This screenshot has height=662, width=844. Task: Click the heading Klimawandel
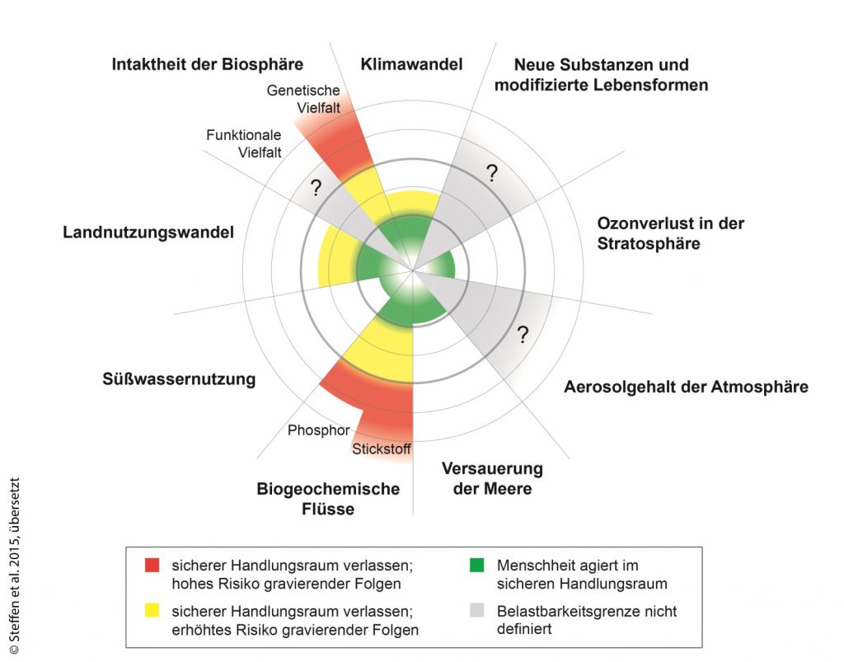point(411,65)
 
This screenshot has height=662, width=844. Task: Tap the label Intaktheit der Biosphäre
point(208,64)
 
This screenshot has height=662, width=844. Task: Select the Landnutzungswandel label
point(148,232)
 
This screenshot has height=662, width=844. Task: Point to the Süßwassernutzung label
point(179,380)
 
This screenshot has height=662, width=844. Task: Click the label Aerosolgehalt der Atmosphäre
point(686,387)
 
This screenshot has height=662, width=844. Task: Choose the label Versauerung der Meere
point(492,479)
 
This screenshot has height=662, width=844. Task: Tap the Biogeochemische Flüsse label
point(328,499)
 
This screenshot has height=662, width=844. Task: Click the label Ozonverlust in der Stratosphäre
point(670,233)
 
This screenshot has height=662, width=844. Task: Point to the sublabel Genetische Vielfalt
point(304,100)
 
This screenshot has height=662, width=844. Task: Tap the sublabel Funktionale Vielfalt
point(244,143)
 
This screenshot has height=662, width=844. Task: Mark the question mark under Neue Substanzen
point(492,173)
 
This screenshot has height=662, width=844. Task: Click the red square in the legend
point(151,566)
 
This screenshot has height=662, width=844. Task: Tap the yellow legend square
point(151,612)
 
